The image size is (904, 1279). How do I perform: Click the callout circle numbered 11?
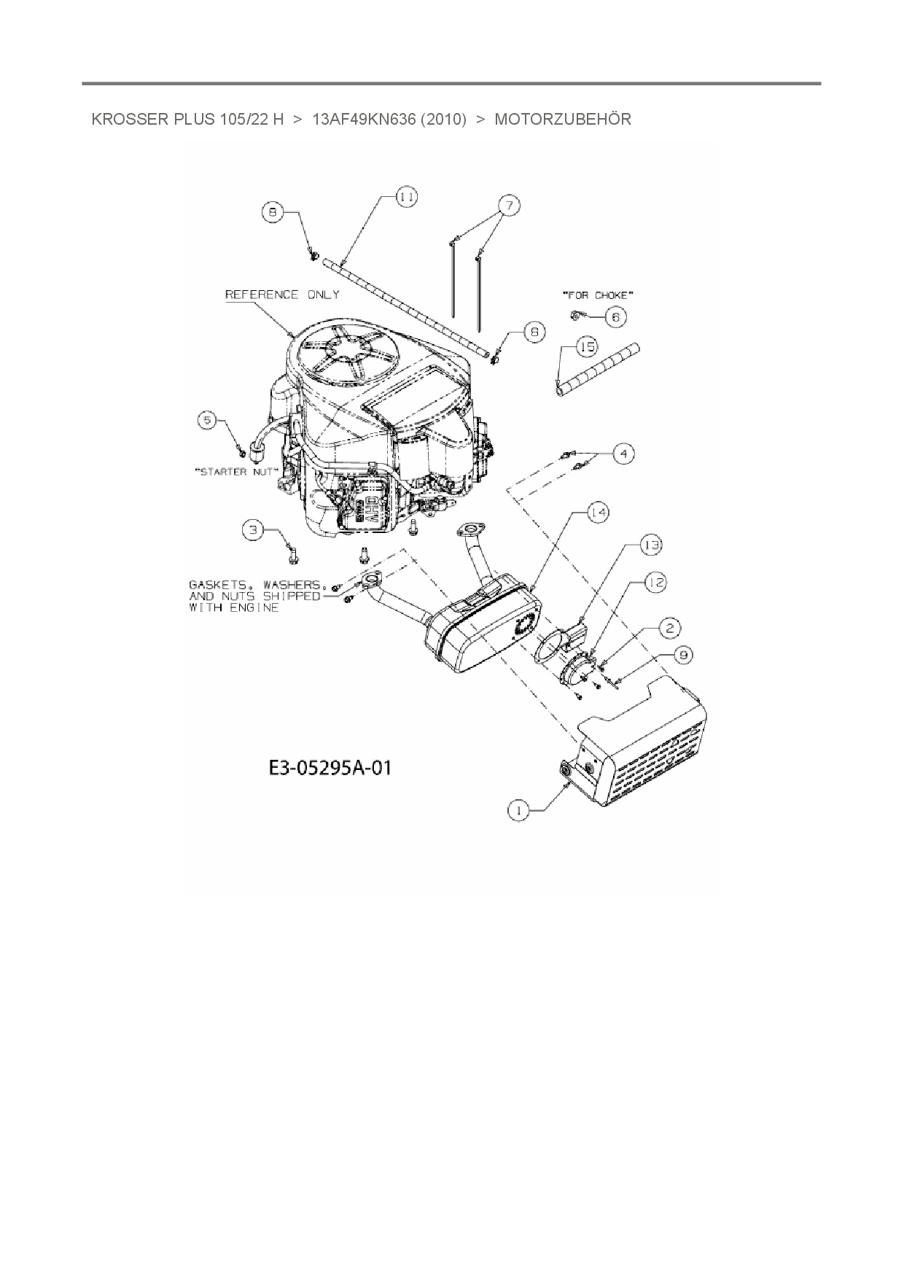click(x=407, y=197)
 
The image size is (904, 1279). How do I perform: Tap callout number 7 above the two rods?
click(x=509, y=206)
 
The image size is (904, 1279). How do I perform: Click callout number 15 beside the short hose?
click(x=586, y=347)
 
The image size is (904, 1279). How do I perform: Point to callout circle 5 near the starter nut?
click(x=209, y=421)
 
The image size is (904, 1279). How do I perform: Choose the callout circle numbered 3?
click(x=253, y=530)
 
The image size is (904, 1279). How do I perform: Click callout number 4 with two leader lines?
click(x=623, y=454)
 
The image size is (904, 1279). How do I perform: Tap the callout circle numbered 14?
click(x=598, y=513)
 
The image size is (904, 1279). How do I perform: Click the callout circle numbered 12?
click(x=655, y=582)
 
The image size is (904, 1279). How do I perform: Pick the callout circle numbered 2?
click(x=670, y=626)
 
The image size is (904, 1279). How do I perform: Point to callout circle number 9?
click(x=683, y=655)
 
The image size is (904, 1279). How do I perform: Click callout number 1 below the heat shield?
click(x=518, y=810)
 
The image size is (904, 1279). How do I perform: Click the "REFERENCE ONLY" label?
click(x=282, y=295)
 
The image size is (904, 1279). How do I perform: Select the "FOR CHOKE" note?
click(x=597, y=295)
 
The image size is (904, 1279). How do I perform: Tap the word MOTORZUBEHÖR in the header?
click(x=563, y=120)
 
